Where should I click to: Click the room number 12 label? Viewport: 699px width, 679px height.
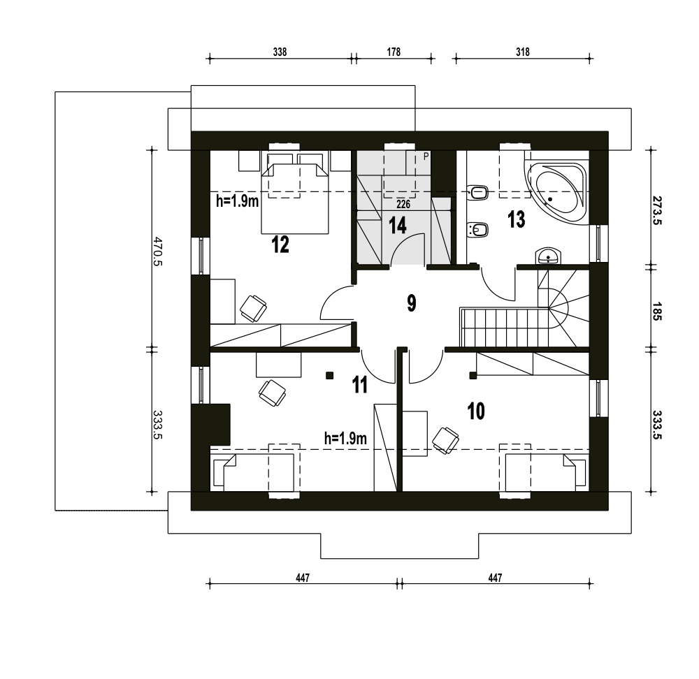click(x=280, y=244)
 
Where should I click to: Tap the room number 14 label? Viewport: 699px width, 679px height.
click(x=398, y=225)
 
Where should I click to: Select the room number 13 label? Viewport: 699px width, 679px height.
click(x=517, y=219)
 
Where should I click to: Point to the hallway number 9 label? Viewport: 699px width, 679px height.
click(x=412, y=303)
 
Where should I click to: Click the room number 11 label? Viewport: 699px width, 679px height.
click(x=360, y=385)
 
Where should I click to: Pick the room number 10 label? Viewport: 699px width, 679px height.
click(x=476, y=411)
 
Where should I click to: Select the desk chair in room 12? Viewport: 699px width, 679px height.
click(x=253, y=308)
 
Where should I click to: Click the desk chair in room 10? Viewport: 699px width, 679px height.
click(x=445, y=440)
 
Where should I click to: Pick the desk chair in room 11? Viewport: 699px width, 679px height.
click(x=272, y=393)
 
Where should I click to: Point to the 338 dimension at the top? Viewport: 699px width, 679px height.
click(x=280, y=52)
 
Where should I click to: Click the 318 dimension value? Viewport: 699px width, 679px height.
click(x=523, y=52)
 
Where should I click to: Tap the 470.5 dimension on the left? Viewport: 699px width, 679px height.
click(x=158, y=251)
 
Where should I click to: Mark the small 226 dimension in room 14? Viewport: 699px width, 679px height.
click(x=403, y=205)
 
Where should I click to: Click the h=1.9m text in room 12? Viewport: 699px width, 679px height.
click(x=238, y=201)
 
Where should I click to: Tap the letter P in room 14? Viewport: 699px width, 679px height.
click(x=426, y=156)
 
